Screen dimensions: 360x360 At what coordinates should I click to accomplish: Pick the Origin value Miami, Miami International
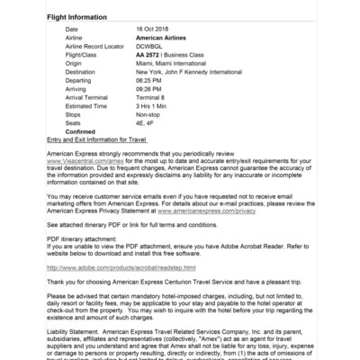[x=172, y=63]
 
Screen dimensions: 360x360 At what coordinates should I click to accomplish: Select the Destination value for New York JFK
[x=193, y=71]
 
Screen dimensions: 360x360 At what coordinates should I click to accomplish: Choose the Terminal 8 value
[x=150, y=95]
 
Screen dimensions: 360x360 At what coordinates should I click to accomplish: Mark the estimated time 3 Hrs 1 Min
[x=154, y=103]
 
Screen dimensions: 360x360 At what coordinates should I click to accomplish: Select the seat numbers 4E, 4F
[x=145, y=120]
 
